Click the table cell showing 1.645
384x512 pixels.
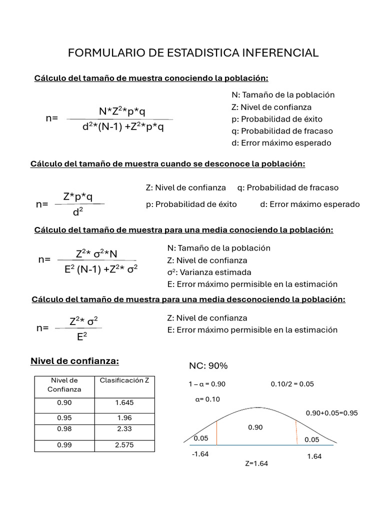pos(124,402)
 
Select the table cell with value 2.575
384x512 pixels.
pos(124,444)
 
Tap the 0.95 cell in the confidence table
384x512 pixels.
pos(64,417)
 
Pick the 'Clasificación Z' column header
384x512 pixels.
pos(124,380)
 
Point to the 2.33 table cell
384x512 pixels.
pos(124,429)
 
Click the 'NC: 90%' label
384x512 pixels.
pos(208,366)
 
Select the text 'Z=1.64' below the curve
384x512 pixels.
pos(256,463)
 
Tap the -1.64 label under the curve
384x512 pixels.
pos(200,454)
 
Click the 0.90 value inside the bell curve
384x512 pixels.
pos(255,427)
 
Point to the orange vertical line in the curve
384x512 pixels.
pos(297,432)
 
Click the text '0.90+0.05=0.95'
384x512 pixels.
pos(331,413)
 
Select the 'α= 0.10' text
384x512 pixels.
pos(207,399)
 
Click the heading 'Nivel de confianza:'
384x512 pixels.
pos(75,361)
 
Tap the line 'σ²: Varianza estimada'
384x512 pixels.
pos(209,272)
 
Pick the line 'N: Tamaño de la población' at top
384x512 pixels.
pos(283,94)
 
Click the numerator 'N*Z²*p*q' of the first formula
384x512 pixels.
pos(122,111)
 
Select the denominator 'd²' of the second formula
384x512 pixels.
pos(77,212)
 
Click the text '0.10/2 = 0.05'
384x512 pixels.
pos(292,384)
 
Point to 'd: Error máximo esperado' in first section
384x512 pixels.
pos(281,143)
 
